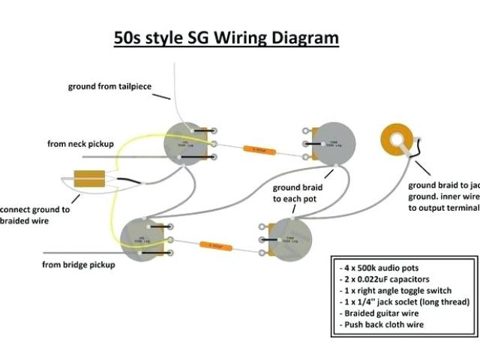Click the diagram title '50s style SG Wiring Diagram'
[x=226, y=37]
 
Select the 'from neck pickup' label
[x=80, y=142]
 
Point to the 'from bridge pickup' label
[x=79, y=265]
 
